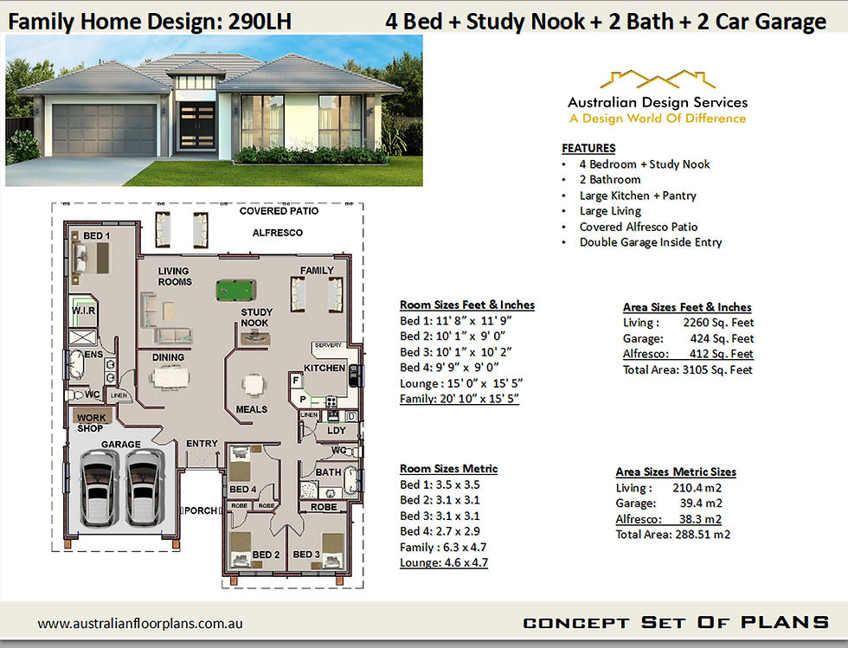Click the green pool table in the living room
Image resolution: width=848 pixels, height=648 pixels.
click(235, 290)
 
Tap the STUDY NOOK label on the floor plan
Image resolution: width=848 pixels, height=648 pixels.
click(256, 318)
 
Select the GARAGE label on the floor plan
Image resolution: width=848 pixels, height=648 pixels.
click(120, 444)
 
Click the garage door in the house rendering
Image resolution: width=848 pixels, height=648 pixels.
click(105, 130)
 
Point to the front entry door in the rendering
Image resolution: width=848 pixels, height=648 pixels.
click(196, 126)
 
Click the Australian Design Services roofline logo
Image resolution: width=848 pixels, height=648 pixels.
click(658, 80)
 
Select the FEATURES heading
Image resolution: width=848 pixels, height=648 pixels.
click(588, 148)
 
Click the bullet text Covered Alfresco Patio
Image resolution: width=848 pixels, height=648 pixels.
click(639, 227)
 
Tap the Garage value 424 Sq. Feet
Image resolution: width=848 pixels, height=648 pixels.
click(722, 338)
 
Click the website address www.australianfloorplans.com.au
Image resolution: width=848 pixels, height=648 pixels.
click(140, 624)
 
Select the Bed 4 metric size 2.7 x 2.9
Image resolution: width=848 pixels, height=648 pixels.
click(458, 531)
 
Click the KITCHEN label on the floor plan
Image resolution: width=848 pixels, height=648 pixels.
click(324, 368)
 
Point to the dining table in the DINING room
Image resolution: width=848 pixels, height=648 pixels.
click(170, 377)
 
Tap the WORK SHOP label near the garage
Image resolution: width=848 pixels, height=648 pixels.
click(91, 422)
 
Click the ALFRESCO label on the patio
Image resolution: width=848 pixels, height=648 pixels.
click(278, 233)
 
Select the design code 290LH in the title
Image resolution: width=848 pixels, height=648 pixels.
click(260, 22)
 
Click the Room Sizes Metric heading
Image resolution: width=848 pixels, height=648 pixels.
click(448, 469)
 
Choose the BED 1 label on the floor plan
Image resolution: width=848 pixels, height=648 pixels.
click(96, 236)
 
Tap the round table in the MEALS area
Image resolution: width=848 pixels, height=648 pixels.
click(253, 386)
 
